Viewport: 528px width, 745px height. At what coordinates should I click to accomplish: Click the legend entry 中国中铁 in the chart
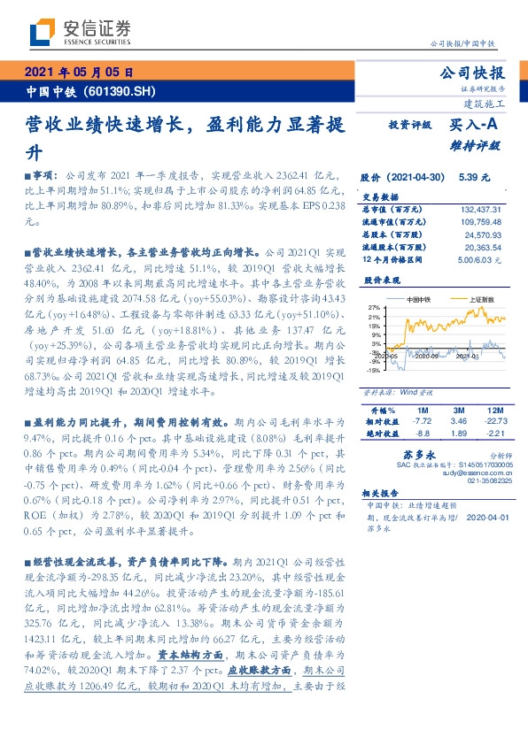(419, 299)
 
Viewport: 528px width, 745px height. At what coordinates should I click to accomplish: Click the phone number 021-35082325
(482, 483)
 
